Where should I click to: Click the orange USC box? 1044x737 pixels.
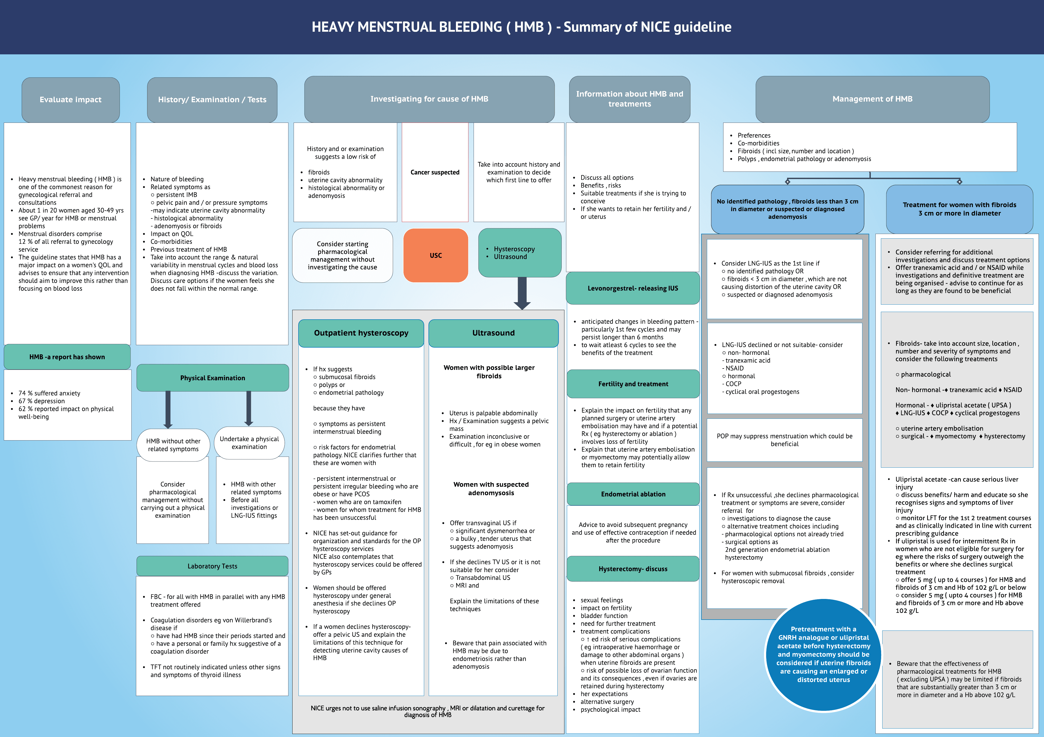[x=436, y=255]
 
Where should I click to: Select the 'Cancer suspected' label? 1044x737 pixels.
[x=435, y=172]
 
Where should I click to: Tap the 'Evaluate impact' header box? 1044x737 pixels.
[x=70, y=99]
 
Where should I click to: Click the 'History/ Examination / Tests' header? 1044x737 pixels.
[x=212, y=99]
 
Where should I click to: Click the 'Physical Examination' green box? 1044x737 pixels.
[x=212, y=377]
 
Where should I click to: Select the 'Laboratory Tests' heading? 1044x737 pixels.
[x=212, y=566]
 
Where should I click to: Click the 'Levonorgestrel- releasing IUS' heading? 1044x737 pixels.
[x=632, y=288]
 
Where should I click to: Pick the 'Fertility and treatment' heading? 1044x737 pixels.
[x=633, y=384]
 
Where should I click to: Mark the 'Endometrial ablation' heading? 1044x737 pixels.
[x=633, y=494]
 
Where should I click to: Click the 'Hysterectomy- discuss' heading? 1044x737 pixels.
[x=633, y=569]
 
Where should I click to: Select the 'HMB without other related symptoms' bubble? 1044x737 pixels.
[x=173, y=445]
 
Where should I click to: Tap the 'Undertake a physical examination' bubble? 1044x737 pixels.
[x=249, y=443]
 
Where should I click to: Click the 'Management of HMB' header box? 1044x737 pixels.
[x=872, y=99]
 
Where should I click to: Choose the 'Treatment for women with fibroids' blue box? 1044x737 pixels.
[x=959, y=209]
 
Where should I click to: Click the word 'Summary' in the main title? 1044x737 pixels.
[x=592, y=27]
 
